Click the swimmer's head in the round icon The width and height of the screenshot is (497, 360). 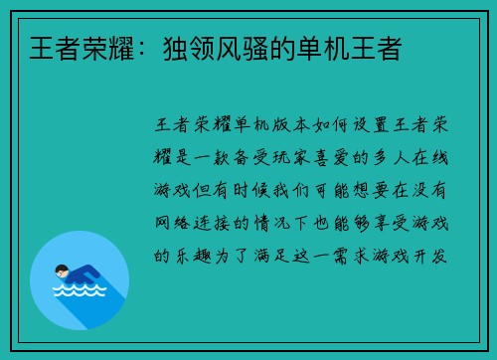62,270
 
